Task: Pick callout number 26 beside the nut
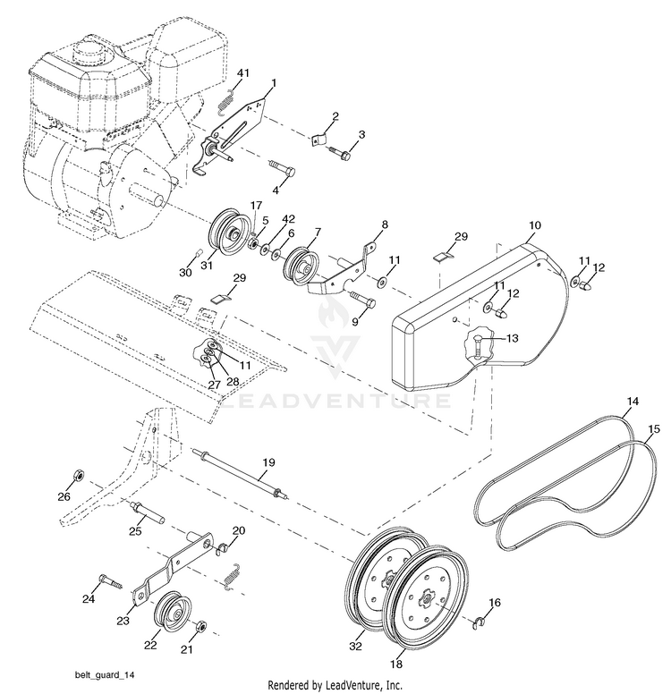[64, 496]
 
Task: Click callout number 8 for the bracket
[385, 224]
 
